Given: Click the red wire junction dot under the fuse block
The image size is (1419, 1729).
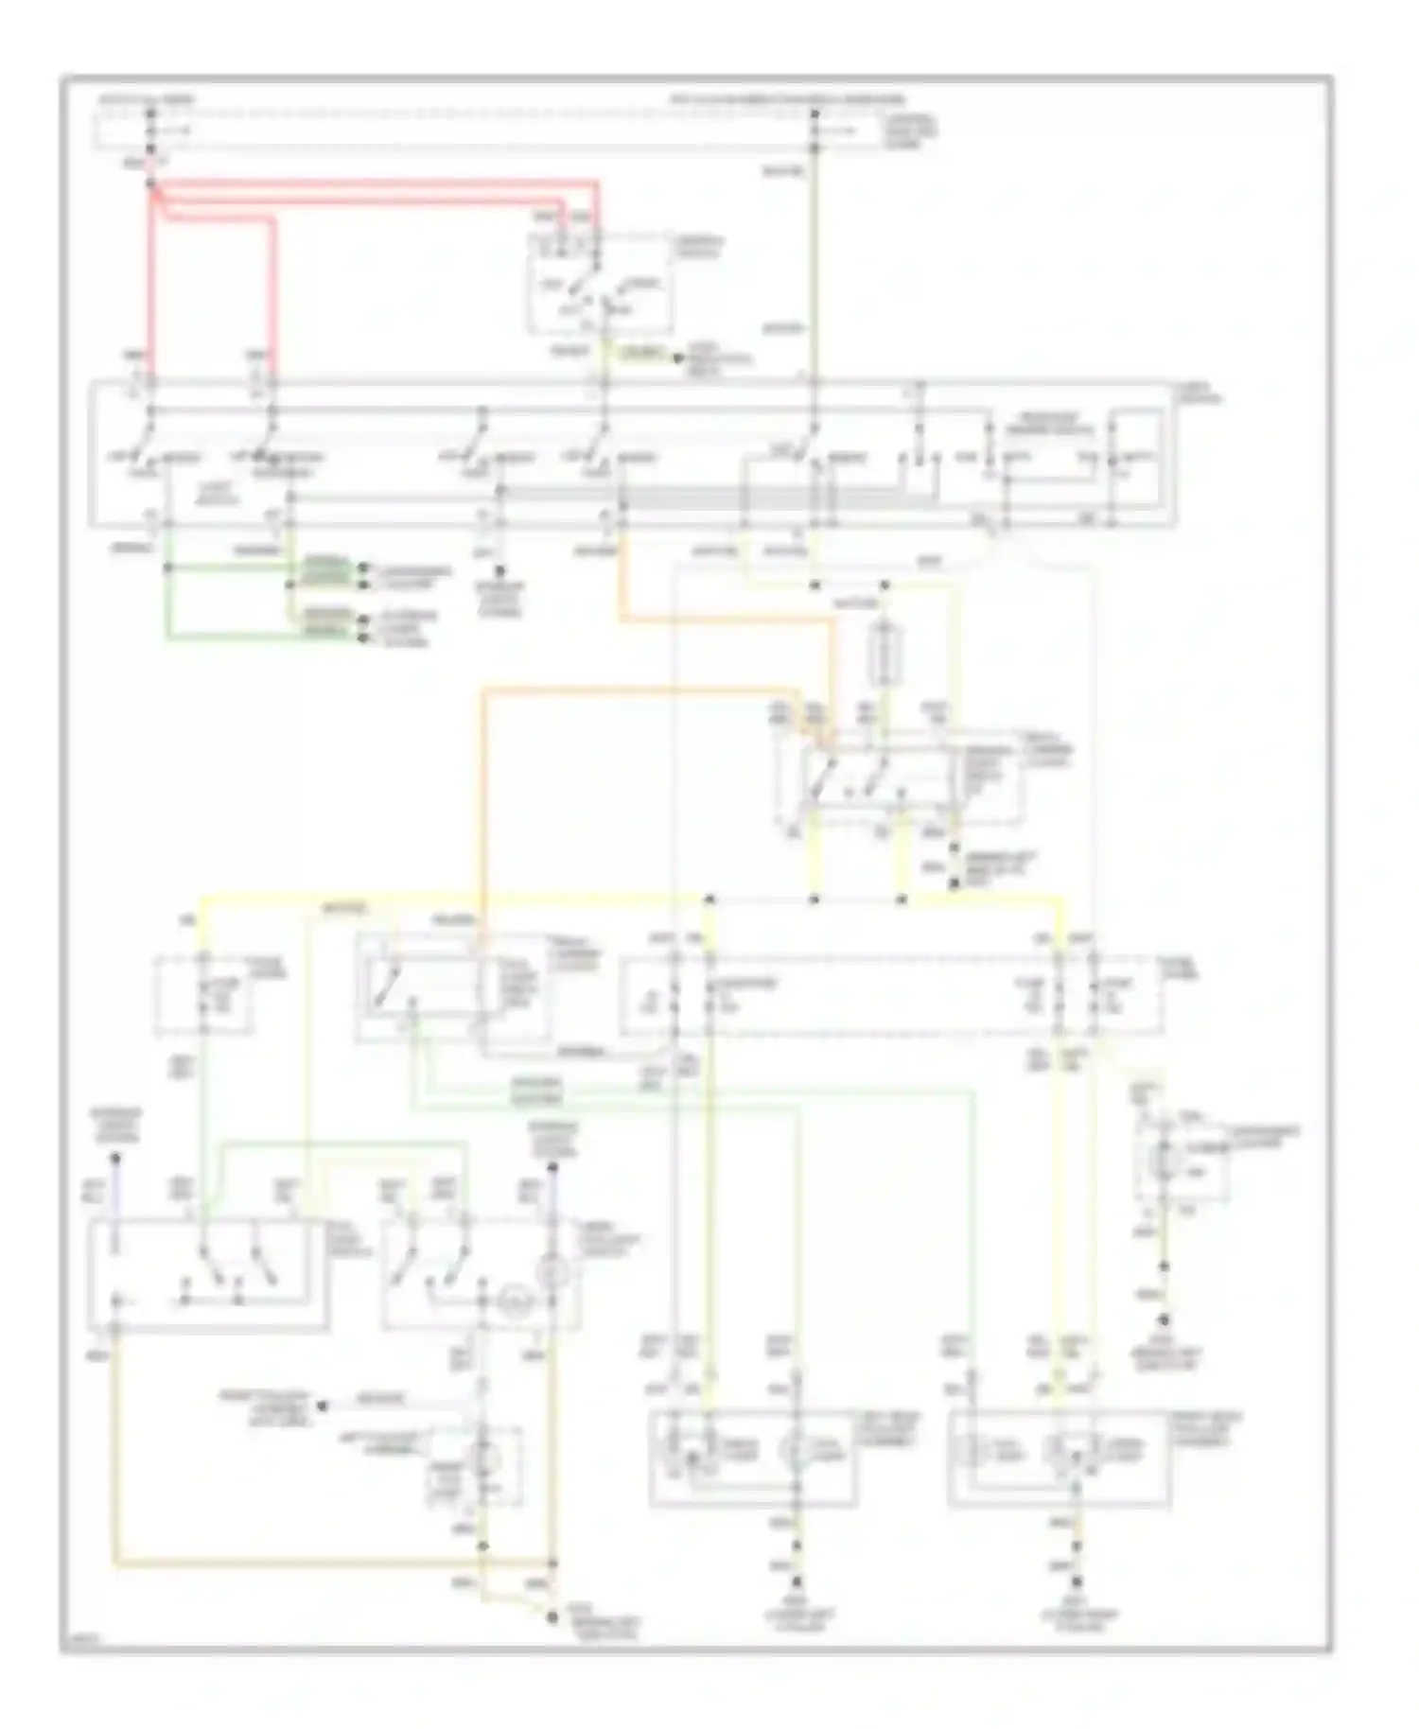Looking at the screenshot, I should [x=151, y=183].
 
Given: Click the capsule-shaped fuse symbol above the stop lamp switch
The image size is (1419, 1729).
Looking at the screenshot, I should [x=885, y=652].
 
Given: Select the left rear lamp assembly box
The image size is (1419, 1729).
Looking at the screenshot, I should [x=753, y=1457].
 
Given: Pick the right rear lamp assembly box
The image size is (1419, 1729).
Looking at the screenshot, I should [x=1059, y=1457].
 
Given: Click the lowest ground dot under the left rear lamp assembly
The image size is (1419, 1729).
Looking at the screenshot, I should [x=797, y=1581].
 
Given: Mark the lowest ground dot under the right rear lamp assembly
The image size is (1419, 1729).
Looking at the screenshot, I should [x=1076, y=1581].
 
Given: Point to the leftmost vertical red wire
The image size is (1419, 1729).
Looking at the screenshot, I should [x=151, y=284].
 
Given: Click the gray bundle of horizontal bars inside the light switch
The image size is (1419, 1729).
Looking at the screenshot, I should [x=662, y=494].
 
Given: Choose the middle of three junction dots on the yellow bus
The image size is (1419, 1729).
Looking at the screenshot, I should [x=815, y=899].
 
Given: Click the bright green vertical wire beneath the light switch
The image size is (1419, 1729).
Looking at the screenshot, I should [x=168, y=586].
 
